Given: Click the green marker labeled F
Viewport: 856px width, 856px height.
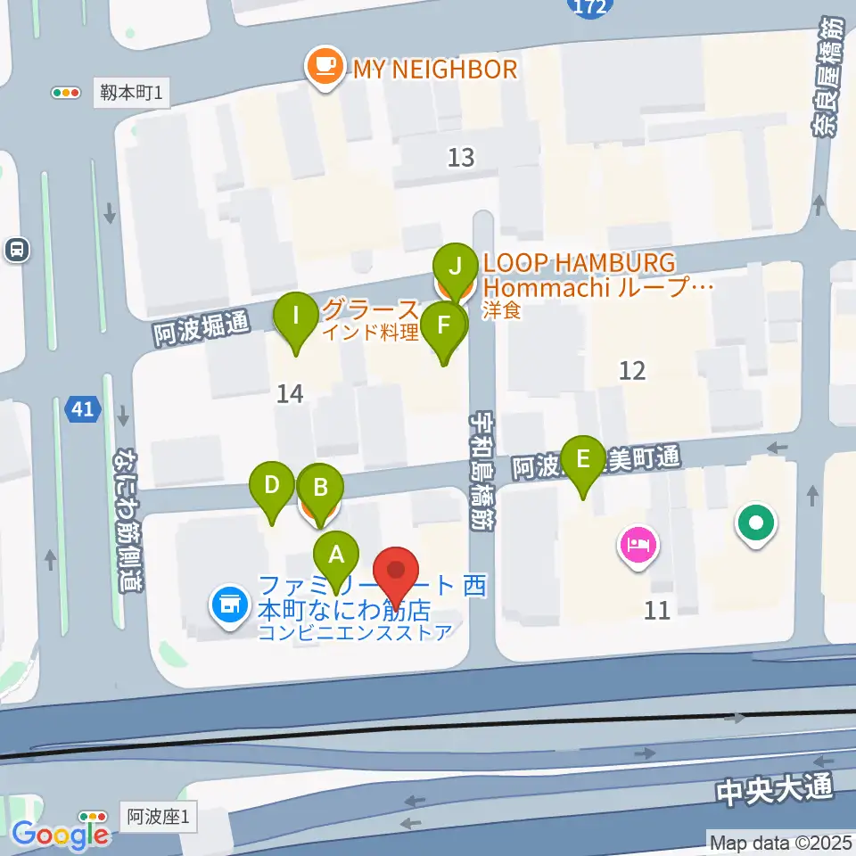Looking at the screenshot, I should click(443, 327).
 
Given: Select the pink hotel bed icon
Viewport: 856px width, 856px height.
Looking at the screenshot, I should click(638, 545).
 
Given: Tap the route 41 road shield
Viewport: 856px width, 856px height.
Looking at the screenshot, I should click(82, 410).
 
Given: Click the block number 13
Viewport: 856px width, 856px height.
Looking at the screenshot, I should click(460, 159).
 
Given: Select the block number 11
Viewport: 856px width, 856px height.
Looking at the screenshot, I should click(656, 611).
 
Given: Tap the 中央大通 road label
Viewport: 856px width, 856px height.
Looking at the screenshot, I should click(773, 788).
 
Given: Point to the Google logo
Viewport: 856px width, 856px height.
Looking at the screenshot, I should click(60, 834).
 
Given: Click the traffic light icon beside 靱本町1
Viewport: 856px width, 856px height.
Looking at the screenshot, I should click(65, 92).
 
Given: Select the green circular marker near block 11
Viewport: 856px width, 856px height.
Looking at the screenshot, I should click(756, 524).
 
